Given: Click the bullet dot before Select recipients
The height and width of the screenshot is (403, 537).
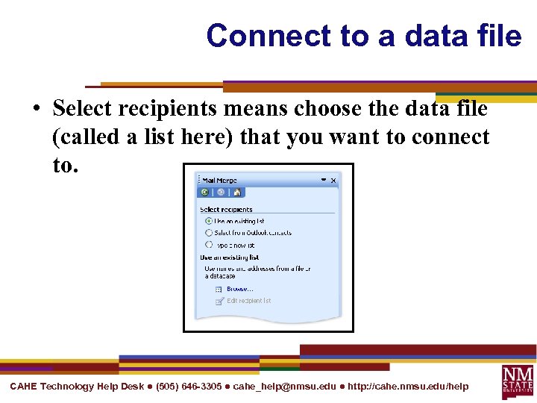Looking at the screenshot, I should pyautogui.click(x=37, y=110).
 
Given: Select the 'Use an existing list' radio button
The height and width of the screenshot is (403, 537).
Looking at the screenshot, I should pyautogui.click(x=209, y=221).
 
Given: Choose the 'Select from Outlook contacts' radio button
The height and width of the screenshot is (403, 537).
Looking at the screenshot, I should pyautogui.click(x=209, y=233).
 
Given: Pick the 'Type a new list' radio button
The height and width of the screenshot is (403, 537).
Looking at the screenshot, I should pyautogui.click(x=209, y=245).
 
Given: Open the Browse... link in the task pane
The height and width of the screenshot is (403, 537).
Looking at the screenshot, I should pyautogui.click(x=239, y=289).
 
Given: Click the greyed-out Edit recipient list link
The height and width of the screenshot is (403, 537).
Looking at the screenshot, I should pyautogui.click(x=248, y=301).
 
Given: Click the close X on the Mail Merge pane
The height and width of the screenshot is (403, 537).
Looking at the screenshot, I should pyautogui.click(x=333, y=180).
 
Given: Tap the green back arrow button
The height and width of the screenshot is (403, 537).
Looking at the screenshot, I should pyautogui.click(x=205, y=192).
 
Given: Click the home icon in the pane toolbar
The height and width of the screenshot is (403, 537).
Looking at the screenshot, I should pyautogui.click(x=236, y=192).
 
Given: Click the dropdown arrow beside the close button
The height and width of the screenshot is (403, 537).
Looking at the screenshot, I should pyautogui.click(x=324, y=180).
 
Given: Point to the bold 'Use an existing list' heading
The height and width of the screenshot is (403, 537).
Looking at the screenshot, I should pyautogui.click(x=229, y=257).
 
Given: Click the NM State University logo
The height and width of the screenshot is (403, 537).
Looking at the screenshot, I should pyautogui.click(x=518, y=381).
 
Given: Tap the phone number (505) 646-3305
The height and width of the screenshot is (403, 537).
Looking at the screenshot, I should pyautogui.click(x=189, y=387).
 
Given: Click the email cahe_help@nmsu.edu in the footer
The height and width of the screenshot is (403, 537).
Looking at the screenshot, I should pyautogui.click(x=284, y=387).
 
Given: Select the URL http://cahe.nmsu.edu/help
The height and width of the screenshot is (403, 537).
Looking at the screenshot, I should pyautogui.click(x=408, y=387).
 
